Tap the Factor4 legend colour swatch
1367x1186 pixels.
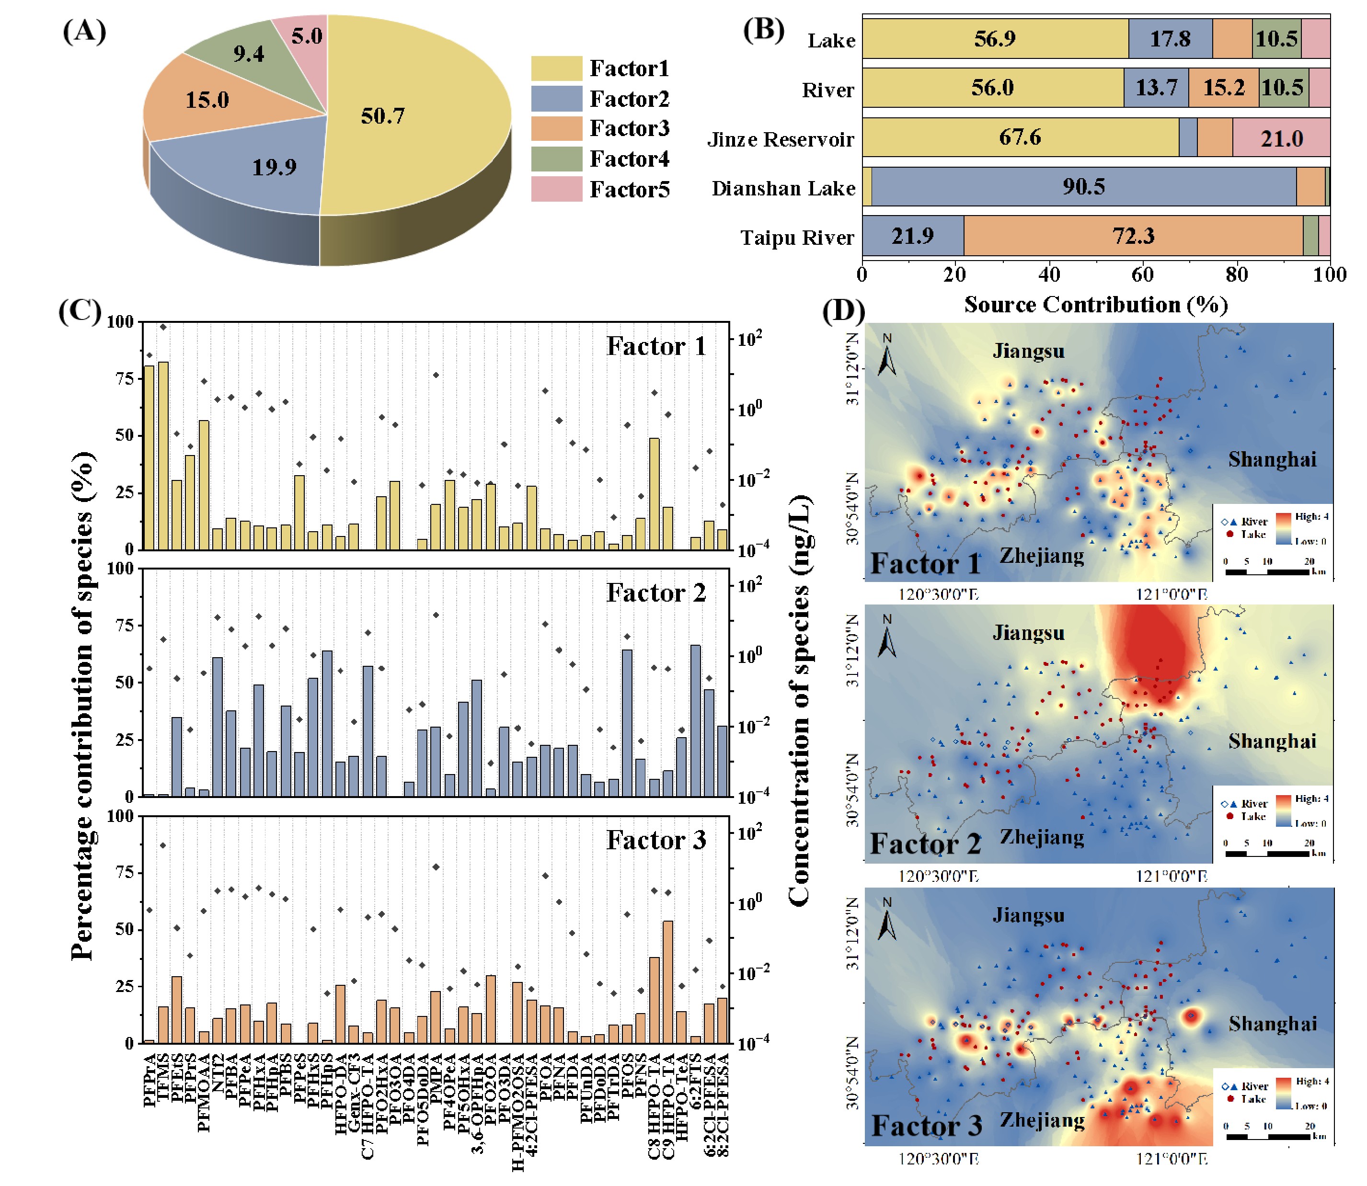tap(556, 159)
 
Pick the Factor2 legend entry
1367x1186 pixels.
tap(629, 99)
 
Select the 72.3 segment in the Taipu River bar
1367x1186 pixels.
tap(1133, 236)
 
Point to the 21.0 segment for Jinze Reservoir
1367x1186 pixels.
tap(1281, 138)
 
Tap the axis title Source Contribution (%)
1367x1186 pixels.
tap(1096, 305)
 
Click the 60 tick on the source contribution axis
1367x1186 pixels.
tap(1143, 274)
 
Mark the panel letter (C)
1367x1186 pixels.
tap(80, 311)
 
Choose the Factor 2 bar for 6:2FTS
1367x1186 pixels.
tap(695, 721)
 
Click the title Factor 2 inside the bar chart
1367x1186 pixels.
tap(655, 593)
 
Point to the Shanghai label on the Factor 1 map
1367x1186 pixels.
tap(1272, 459)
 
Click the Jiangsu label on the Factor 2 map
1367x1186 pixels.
tap(1028, 633)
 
